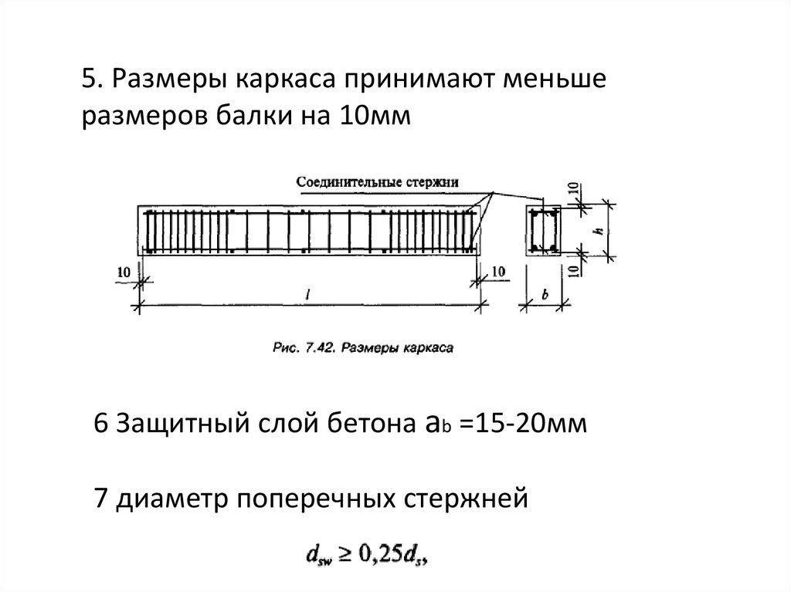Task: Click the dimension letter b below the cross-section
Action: tap(545, 294)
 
